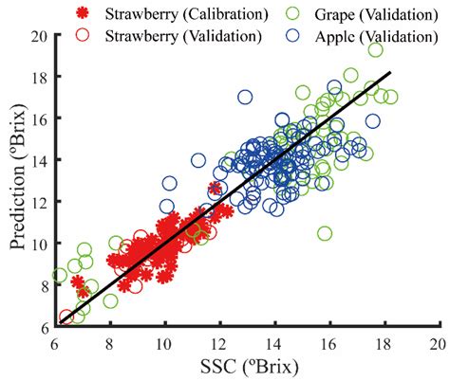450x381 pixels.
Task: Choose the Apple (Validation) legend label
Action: click(x=364, y=36)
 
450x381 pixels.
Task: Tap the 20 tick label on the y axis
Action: click(x=39, y=35)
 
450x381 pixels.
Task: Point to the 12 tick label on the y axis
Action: click(x=39, y=202)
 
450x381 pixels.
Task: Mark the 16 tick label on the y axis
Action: click(x=39, y=118)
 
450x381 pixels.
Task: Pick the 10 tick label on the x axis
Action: click(x=164, y=344)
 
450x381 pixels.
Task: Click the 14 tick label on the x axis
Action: click(x=274, y=344)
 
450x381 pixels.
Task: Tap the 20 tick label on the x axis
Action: click(x=438, y=344)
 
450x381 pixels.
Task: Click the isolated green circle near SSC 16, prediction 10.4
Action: click(x=325, y=233)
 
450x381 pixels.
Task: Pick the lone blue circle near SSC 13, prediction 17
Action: click(x=245, y=97)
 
